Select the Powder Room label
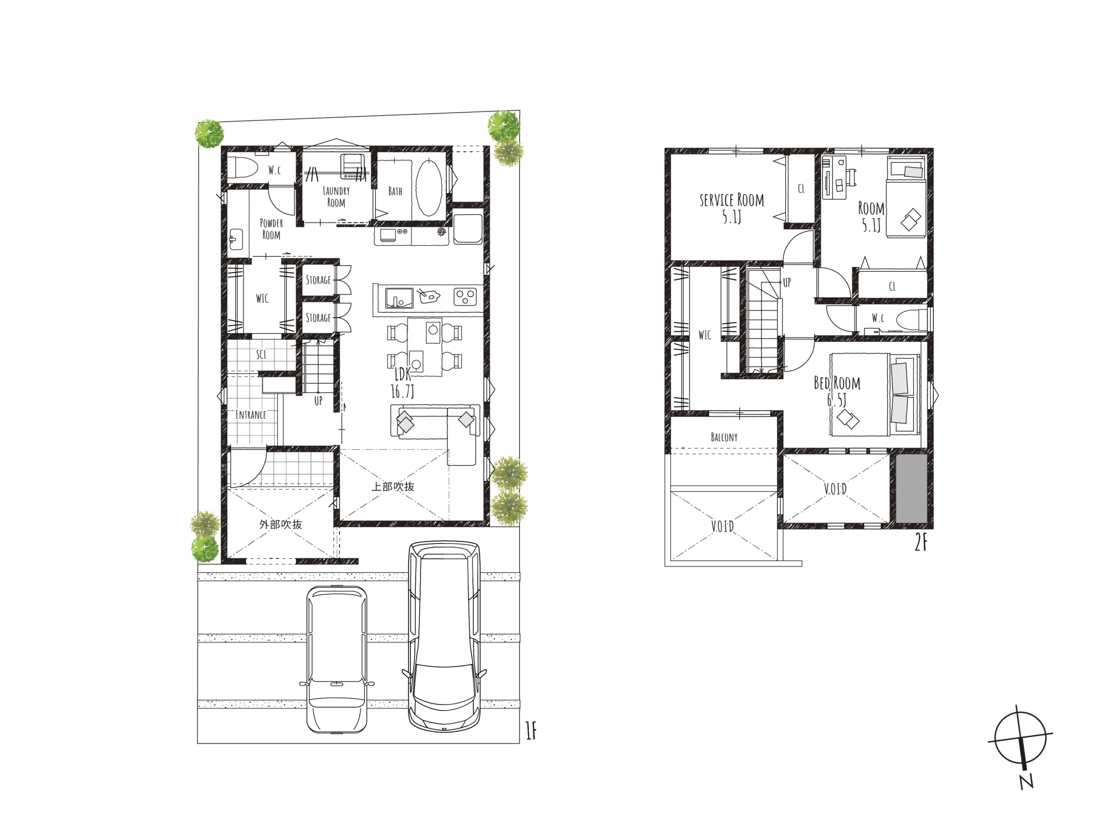(x=271, y=229)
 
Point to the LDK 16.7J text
(x=403, y=383)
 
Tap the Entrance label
(x=251, y=415)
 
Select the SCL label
(x=261, y=354)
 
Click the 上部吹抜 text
(x=393, y=486)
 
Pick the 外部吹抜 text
(x=281, y=524)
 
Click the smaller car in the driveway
(x=337, y=659)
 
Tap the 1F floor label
(x=531, y=730)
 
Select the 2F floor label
(x=921, y=543)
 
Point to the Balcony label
(x=724, y=437)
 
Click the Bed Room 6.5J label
(x=837, y=391)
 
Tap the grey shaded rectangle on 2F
(x=911, y=489)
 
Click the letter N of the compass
(x=1026, y=782)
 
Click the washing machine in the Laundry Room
(x=354, y=166)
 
